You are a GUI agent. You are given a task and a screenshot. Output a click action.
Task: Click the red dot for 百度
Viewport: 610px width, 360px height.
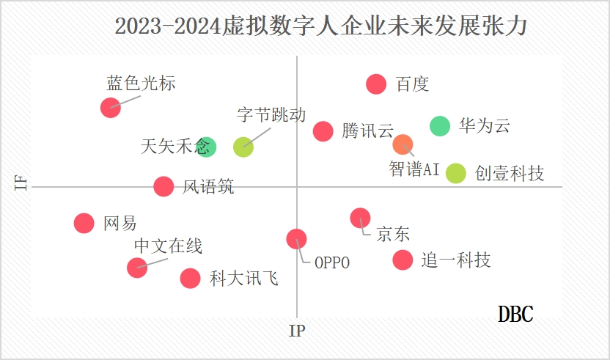376,84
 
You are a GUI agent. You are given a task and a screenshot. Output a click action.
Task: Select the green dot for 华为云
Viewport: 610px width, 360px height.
439,126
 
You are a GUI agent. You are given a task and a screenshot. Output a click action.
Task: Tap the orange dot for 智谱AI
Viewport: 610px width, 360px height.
403,144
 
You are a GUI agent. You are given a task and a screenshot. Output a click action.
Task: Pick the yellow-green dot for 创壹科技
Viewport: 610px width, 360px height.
455,173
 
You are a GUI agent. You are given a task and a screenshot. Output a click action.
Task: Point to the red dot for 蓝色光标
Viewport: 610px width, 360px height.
110,108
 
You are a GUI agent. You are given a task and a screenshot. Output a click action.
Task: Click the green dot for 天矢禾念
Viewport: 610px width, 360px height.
206,147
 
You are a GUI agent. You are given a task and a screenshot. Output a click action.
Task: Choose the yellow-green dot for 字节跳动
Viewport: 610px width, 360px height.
243,147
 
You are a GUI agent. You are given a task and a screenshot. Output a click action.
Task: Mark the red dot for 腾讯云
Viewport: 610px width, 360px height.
323,131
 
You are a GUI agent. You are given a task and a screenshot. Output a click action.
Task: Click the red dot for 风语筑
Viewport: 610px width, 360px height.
163,186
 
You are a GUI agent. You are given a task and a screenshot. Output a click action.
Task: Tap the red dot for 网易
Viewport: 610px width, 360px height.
84,223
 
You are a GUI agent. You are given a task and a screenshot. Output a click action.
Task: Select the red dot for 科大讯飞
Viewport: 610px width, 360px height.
190,278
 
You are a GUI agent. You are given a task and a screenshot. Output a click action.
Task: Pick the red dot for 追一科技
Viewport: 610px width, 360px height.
403,260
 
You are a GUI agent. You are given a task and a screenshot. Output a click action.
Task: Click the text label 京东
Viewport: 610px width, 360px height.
393,235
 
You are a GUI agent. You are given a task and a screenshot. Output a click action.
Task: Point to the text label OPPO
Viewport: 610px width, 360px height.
332,262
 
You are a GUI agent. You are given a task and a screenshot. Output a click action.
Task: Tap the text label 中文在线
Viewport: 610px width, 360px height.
168,246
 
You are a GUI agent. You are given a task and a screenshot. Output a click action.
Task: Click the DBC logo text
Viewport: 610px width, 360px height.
515,314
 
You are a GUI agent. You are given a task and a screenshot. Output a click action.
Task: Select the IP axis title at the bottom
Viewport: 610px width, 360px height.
297,331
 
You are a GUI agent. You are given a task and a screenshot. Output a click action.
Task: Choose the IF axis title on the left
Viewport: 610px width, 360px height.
22,182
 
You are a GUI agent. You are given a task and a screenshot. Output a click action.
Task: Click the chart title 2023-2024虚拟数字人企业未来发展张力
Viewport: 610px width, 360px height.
321,26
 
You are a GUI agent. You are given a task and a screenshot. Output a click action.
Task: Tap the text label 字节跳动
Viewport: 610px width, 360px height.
271,115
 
